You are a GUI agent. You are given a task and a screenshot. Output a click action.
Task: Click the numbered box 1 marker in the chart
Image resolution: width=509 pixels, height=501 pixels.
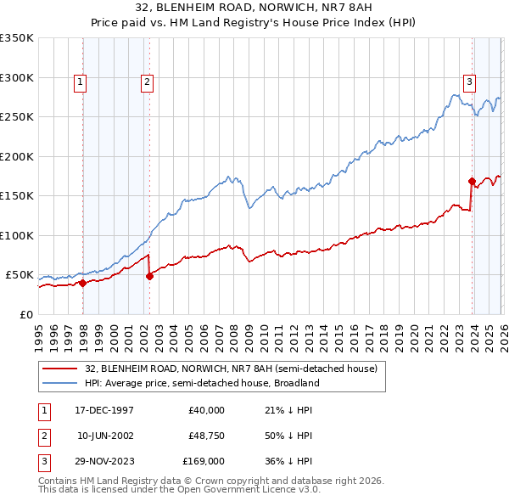[x=79, y=82]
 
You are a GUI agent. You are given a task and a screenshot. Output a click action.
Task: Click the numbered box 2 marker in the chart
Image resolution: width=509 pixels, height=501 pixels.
[x=147, y=82]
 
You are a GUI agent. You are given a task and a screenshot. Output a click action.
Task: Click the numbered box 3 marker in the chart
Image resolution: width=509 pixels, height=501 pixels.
[x=469, y=82]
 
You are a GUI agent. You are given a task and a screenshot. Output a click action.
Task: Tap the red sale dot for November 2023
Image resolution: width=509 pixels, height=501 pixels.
[x=472, y=181]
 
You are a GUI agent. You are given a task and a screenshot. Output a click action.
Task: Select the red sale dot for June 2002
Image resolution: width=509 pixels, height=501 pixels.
[x=149, y=276]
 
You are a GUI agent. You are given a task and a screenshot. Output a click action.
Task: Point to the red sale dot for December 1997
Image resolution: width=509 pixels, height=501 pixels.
[x=83, y=284]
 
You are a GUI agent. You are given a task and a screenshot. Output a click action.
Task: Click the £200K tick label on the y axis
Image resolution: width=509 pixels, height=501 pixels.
[x=17, y=156]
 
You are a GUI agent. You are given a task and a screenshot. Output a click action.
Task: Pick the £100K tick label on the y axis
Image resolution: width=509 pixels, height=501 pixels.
[x=17, y=235]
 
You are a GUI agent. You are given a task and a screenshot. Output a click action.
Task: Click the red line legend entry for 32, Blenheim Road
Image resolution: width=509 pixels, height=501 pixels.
[x=236, y=368]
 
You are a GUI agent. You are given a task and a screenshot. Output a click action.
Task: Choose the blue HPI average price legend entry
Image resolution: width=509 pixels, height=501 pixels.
[x=202, y=383]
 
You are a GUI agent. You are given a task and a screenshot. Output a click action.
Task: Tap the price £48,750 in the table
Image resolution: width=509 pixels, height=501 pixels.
[x=206, y=436]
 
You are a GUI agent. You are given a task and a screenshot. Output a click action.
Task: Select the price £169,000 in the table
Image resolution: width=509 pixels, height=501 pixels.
[x=204, y=461]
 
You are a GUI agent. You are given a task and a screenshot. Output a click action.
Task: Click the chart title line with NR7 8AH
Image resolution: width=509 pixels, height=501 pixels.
[x=254, y=8]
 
